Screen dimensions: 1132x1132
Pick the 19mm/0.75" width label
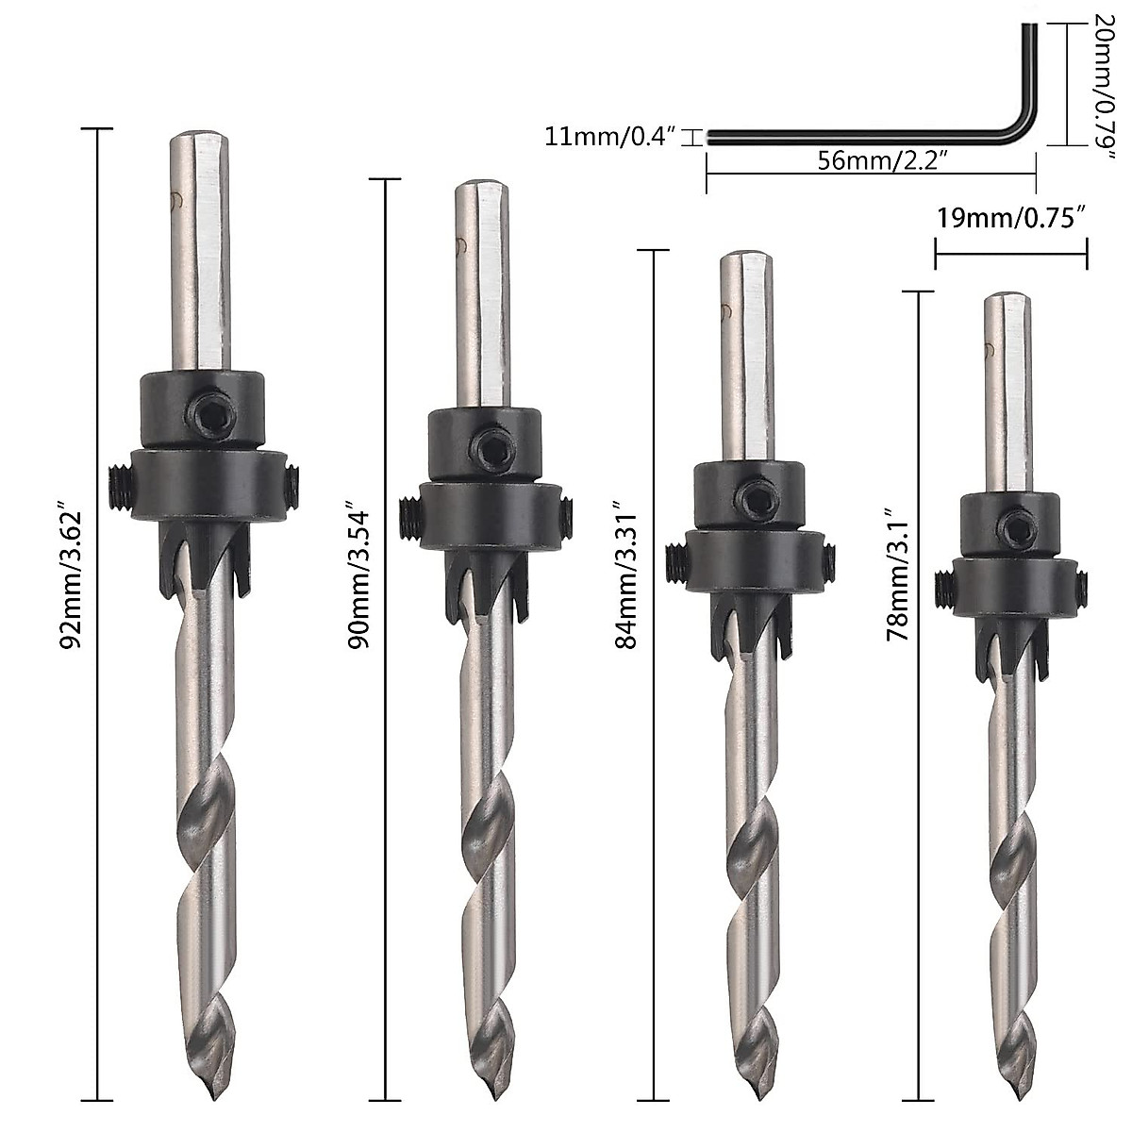1010,218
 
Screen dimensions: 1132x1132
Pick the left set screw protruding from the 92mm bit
117,489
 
